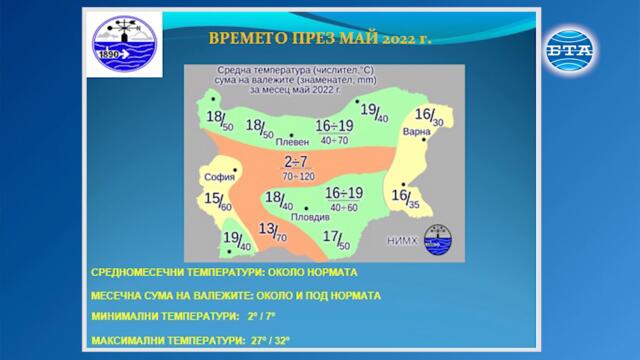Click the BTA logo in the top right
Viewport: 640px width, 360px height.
tap(570, 44)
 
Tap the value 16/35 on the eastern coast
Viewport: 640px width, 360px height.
tap(406, 198)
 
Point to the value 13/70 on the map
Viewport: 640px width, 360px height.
tap(272, 234)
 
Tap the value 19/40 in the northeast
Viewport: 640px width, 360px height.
tap(374, 112)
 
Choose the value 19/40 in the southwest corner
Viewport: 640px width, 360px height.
tap(236, 240)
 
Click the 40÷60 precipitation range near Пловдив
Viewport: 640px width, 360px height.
tap(343, 207)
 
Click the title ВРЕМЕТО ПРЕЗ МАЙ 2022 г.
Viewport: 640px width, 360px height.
tap(319, 39)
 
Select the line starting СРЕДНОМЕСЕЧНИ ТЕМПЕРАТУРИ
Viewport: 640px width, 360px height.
tap(223, 272)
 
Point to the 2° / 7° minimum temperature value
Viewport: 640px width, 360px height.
tap(262, 318)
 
